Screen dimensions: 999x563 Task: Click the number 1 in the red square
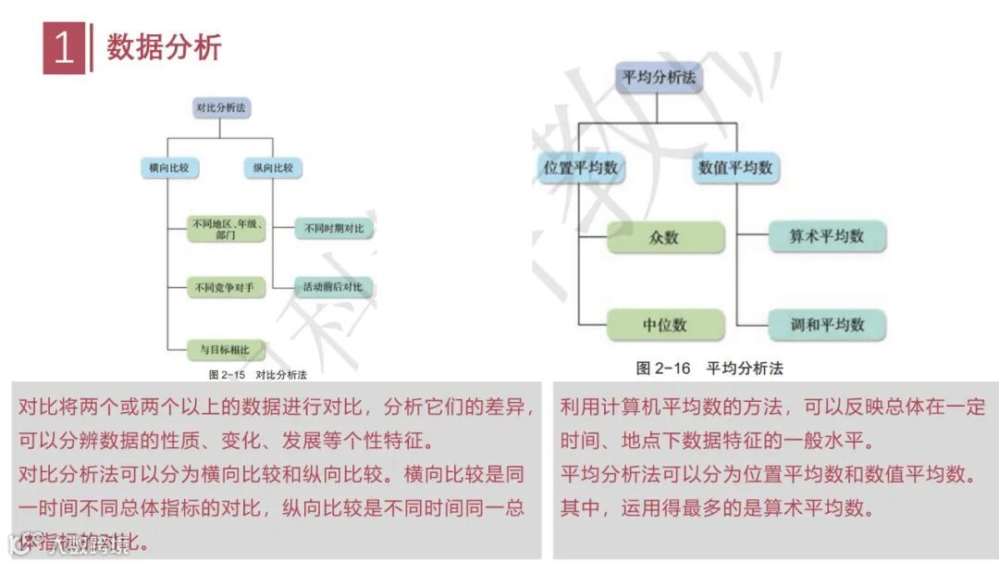pyautogui.click(x=63, y=48)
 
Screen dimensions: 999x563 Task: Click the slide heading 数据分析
pyautogui.click(x=164, y=46)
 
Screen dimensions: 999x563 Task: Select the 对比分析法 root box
pyautogui.click(x=221, y=108)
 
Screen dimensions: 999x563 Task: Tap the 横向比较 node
pyautogui.click(x=167, y=168)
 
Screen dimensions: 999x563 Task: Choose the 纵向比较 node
pyautogui.click(x=274, y=168)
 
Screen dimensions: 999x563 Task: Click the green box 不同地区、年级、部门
pyautogui.click(x=226, y=229)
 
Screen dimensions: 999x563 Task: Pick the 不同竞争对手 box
pyautogui.click(x=226, y=288)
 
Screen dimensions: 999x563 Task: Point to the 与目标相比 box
pyautogui.click(x=226, y=349)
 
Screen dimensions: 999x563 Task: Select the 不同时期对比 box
pyautogui.click(x=335, y=228)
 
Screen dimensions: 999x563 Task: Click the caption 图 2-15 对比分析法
pyautogui.click(x=257, y=374)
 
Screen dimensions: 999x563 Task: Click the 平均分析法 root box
pyautogui.click(x=659, y=78)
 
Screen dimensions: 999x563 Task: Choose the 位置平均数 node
pyautogui.click(x=579, y=168)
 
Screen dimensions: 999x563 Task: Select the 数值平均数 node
pyautogui.click(x=735, y=168)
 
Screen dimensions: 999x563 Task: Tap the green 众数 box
pyautogui.click(x=664, y=237)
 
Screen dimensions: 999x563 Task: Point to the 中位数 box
pyautogui.click(x=664, y=325)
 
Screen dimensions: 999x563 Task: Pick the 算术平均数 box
pyautogui.click(x=827, y=236)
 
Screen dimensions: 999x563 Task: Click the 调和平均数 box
pyautogui.click(x=827, y=324)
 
